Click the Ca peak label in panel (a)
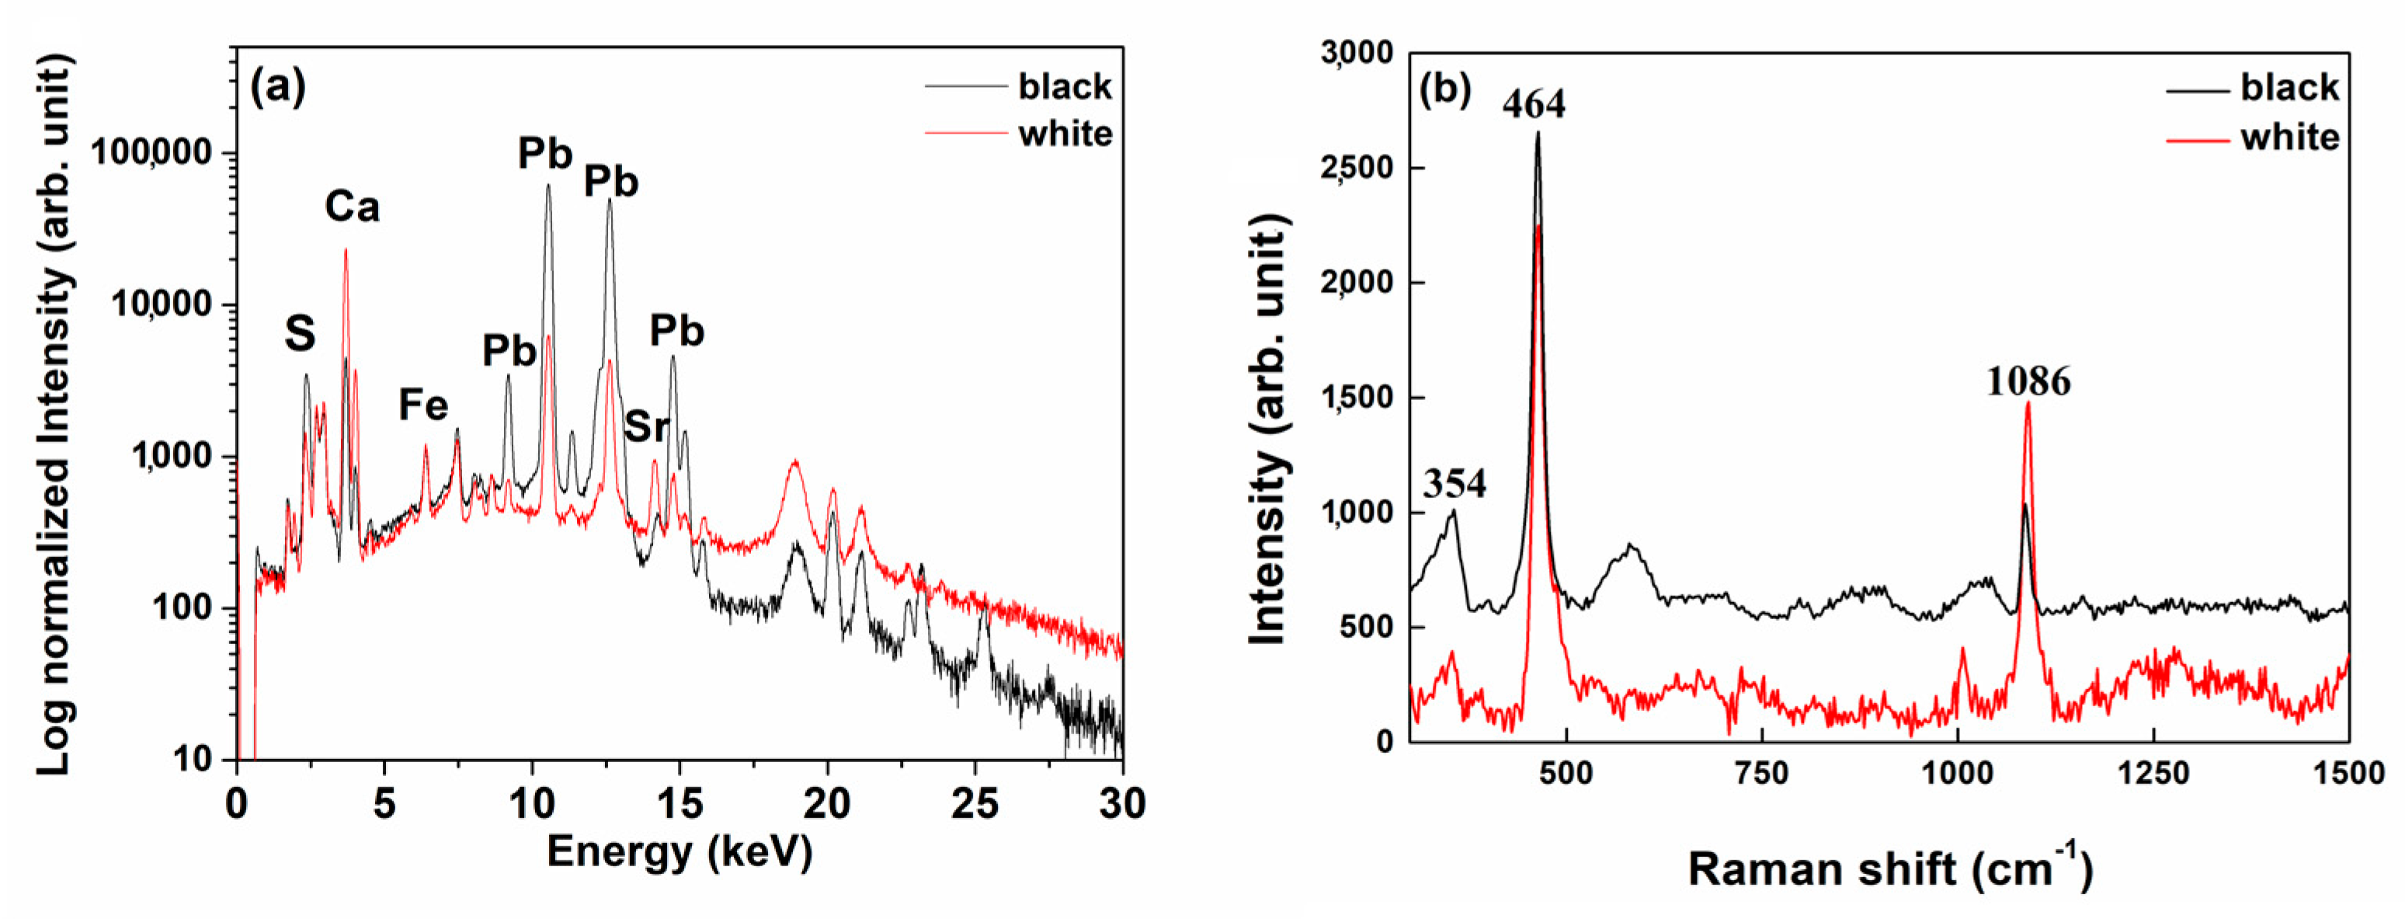352,207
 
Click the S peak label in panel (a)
300,333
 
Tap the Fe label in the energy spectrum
423,406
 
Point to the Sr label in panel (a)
646,426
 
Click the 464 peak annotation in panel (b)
1534,103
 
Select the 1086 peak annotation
2028,381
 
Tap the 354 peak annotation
1454,484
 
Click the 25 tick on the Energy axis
975,803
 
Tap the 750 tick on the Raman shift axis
1760,773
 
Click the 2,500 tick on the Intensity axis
1356,168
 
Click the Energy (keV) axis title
679,851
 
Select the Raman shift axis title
1891,869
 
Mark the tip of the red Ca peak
346,249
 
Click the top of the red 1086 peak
2028,403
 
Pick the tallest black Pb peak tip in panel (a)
548,185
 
